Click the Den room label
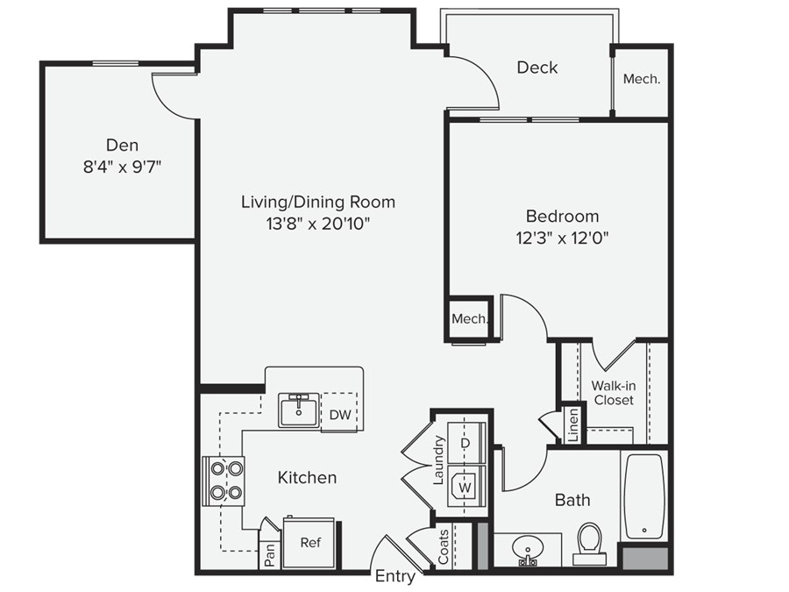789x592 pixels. point(122,145)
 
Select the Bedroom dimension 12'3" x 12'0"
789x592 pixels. point(562,237)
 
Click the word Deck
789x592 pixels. point(537,68)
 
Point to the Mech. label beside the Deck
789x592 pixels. point(641,79)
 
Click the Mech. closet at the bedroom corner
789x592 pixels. point(469,319)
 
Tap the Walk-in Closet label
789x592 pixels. point(614,393)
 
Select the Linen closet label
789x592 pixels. point(572,426)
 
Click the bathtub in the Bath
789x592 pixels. point(644,496)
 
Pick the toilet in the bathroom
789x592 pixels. point(590,542)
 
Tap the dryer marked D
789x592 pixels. point(466,443)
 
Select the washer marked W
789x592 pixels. point(466,483)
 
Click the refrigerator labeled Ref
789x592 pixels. point(309,543)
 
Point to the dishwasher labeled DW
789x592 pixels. point(339,415)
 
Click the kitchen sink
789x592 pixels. point(300,410)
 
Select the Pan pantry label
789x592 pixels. point(271,557)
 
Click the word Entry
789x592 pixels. point(394,576)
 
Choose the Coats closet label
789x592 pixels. point(443,546)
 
